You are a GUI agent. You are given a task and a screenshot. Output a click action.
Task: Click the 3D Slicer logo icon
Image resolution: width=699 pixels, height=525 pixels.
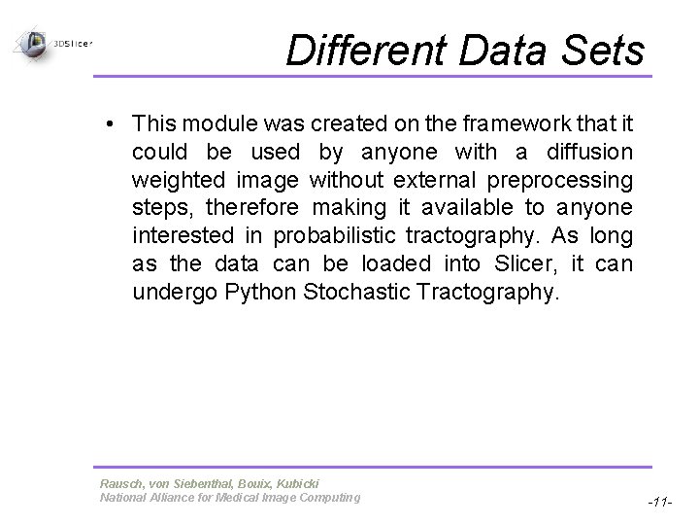coord(34,43)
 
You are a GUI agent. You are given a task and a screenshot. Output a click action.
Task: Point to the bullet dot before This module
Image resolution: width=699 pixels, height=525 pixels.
coord(115,124)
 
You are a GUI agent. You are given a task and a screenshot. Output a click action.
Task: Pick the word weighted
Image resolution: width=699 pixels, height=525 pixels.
coord(178,181)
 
